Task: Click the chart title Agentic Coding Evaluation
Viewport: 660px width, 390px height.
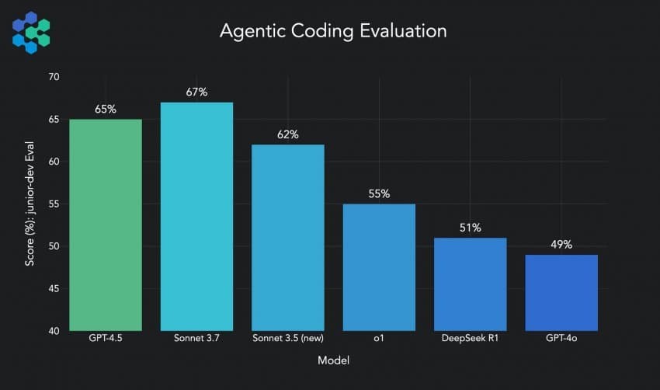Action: (x=332, y=32)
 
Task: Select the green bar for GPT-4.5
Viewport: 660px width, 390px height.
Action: (x=106, y=225)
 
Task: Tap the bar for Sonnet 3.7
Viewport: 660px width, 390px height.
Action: (x=196, y=217)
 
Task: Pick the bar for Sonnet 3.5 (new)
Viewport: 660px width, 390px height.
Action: (x=287, y=238)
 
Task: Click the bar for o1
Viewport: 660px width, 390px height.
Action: (x=379, y=267)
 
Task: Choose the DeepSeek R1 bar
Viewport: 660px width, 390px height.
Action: (x=470, y=284)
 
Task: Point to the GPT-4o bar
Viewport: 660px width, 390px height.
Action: (x=561, y=293)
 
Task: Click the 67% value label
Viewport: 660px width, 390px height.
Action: (x=196, y=92)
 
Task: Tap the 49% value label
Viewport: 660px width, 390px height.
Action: (x=561, y=245)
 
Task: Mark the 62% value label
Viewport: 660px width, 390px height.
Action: (x=287, y=135)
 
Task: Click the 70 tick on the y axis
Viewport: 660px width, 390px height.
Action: (x=54, y=77)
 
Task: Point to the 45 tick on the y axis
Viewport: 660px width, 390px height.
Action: (x=54, y=289)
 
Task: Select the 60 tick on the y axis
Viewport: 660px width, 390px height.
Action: (x=54, y=162)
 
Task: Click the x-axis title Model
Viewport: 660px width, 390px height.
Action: (x=333, y=361)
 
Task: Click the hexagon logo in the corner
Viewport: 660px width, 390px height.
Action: (x=31, y=32)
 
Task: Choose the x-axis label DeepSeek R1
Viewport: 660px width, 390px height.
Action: (x=470, y=340)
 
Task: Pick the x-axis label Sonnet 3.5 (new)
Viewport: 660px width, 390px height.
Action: (x=287, y=340)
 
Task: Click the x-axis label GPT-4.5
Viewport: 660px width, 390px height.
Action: (x=106, y=340)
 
